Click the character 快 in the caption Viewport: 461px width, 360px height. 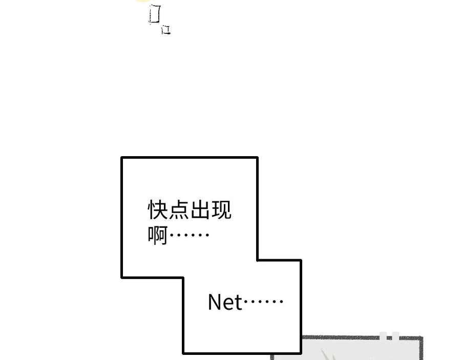(x=158, y=210)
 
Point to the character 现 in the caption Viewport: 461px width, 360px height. (x=221, y=210)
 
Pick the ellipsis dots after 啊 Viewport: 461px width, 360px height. (x=189, y=236)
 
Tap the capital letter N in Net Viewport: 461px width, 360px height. (x=215, y=303)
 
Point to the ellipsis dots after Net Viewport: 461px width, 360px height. (x=263, y=302)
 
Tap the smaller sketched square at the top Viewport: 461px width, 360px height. (x=165, y=30)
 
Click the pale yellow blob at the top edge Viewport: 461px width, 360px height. (x=143, y=1)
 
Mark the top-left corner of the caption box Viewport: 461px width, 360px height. (x=122, y=158)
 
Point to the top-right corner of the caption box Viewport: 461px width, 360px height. (x=257, y=158)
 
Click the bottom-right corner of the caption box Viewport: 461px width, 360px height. (x=300, y=352)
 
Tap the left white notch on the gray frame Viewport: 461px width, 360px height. (x=383, y=336)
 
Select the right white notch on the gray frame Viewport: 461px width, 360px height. (x=395, y=336)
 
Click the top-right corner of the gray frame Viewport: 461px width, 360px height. (x=422, y=338)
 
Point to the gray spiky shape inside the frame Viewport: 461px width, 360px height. (x=328, y=355)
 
